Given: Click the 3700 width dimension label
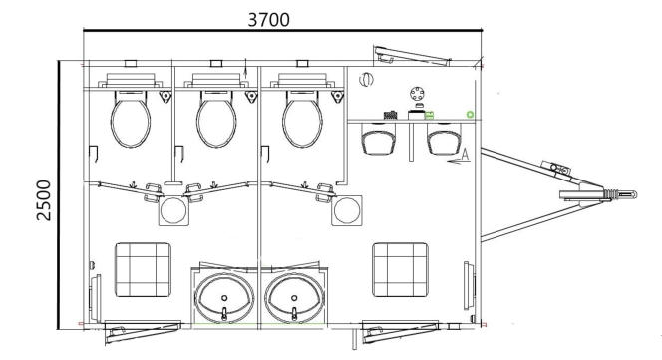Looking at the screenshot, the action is point(268,19).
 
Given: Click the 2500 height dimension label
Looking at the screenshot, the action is point(44,200).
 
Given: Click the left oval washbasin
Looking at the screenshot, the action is point(224,297).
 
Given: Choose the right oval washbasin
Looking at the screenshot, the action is point(294,297).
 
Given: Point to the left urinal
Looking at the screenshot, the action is point(379,140).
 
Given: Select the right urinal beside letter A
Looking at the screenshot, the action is point(444,140).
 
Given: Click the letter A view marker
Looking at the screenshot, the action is point(465,155).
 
